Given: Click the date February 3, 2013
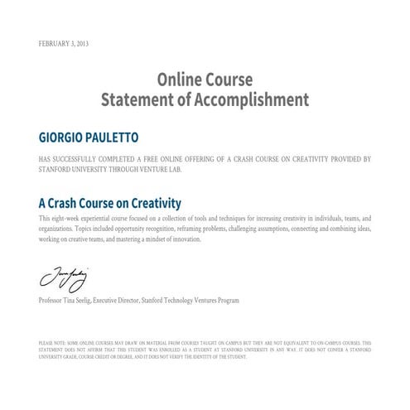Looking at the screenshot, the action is click(63, 43).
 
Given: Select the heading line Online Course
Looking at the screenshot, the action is click(205, 81).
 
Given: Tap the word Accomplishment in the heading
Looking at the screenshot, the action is click(251, 100).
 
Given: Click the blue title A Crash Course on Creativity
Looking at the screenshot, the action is click(110, 203).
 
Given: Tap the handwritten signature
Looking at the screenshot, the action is click(60, 275).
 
